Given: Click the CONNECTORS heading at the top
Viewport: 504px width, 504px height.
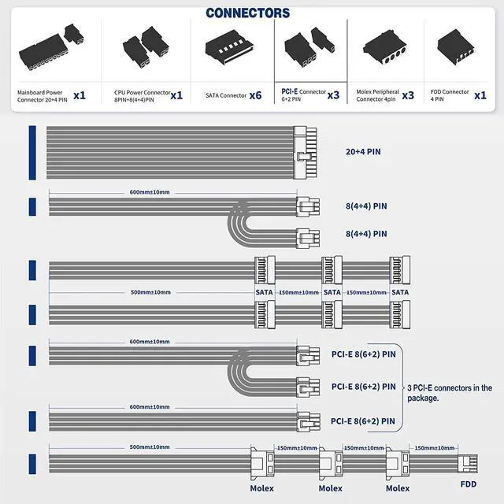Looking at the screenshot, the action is point(247,13).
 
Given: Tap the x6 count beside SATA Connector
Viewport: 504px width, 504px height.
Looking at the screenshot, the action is point(254,95).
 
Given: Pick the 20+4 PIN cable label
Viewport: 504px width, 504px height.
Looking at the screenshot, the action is point(363,150).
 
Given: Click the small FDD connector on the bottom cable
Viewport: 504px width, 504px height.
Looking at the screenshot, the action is point(469,464).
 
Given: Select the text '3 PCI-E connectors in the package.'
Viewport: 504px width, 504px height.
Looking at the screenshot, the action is point(450,392).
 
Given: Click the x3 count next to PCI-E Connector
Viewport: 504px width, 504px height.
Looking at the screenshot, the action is point(333,95).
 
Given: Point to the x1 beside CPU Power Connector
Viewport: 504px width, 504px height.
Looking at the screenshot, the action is point(176,95).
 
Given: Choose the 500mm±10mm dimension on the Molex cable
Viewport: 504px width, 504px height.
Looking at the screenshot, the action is point(150,447).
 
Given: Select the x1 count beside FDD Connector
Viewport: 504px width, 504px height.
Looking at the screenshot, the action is point(480,95).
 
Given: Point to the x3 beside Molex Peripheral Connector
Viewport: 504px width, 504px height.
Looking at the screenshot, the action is point(408,95).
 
